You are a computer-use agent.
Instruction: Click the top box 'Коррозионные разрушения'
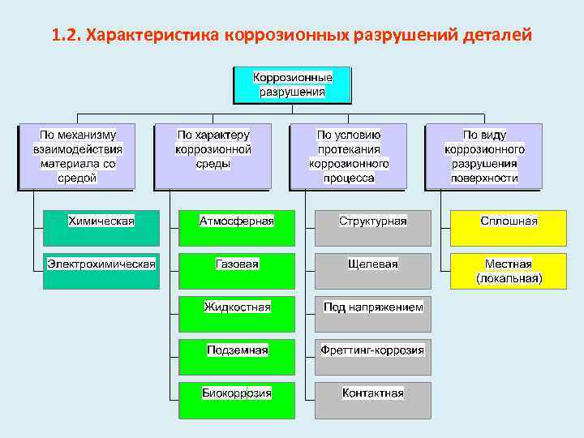[292, 84]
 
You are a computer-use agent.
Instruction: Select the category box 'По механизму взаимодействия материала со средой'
[75, 157]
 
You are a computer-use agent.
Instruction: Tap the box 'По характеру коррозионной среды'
[213, 157]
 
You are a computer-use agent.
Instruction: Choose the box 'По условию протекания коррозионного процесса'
[349, 157]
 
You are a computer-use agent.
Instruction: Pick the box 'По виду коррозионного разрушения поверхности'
[484, 157]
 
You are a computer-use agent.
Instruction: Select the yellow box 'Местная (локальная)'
[509, 271]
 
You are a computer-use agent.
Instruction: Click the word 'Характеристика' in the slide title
[153, 36]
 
